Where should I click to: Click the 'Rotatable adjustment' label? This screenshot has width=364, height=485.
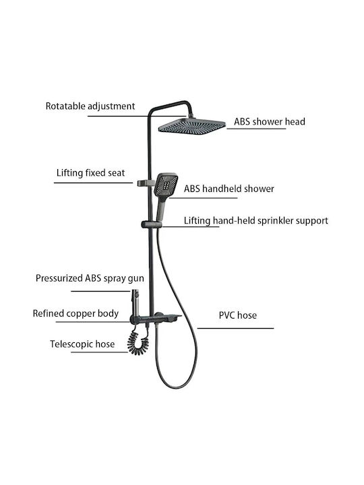(x=90, y=106)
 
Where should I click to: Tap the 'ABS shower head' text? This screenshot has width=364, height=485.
(x=269, y=121)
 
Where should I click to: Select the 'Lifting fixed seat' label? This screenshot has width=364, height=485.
(x=90, y=172)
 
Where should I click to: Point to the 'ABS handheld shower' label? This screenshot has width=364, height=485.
(x=229, y=189)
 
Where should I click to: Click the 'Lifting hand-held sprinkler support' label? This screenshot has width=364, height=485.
(x=255, y=220)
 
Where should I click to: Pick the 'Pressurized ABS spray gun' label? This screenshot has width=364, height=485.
(x=90, y=278)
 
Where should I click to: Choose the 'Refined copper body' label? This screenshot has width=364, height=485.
(x=75, y=313)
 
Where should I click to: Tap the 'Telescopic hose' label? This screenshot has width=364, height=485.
(x=82, y=344)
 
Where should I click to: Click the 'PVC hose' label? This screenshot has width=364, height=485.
(x=238, y=315)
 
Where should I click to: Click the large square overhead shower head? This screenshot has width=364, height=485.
(x=192, y=126)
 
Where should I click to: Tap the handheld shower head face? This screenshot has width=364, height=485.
(x=166, y=185)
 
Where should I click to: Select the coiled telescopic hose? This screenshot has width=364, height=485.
(x=138, y=342)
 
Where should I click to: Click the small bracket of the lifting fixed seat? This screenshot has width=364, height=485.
(x=143, y=183)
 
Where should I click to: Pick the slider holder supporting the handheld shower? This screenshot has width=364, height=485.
(x=151, y=224)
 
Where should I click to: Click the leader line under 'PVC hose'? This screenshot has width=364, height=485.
(x=235, y=328)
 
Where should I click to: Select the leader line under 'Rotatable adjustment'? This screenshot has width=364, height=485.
(x=136, y=117)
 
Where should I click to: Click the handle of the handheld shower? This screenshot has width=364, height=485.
(x=162, y=209)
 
